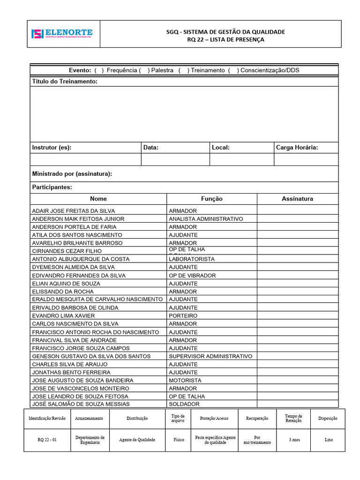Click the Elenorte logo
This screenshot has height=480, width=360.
tap(62, 34)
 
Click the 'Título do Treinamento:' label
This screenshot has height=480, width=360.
tap(65, 82)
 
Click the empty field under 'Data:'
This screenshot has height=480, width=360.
tap(175, 159)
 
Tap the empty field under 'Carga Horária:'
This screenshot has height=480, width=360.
tap(306, 159)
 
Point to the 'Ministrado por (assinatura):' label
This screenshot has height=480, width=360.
tap(72, 174)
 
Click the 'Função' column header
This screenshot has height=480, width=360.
tap(211, 199)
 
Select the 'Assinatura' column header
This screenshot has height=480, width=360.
tap(297, 199)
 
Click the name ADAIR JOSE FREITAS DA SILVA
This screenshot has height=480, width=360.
tap(73, 211)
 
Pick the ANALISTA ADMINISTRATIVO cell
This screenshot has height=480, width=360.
tap(206, 219)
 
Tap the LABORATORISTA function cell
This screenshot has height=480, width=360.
tap(192, 259)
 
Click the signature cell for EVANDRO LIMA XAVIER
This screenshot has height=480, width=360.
tap(297, 316)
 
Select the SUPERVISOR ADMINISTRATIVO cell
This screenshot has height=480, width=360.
tap(210, 356)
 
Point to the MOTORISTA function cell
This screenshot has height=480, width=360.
tap(185, 381)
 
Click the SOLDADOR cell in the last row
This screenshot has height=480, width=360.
tap(184, 404)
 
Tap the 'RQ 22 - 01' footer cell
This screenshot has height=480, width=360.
tap(47, 440)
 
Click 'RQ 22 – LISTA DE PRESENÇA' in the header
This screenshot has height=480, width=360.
tap(225, 40)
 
